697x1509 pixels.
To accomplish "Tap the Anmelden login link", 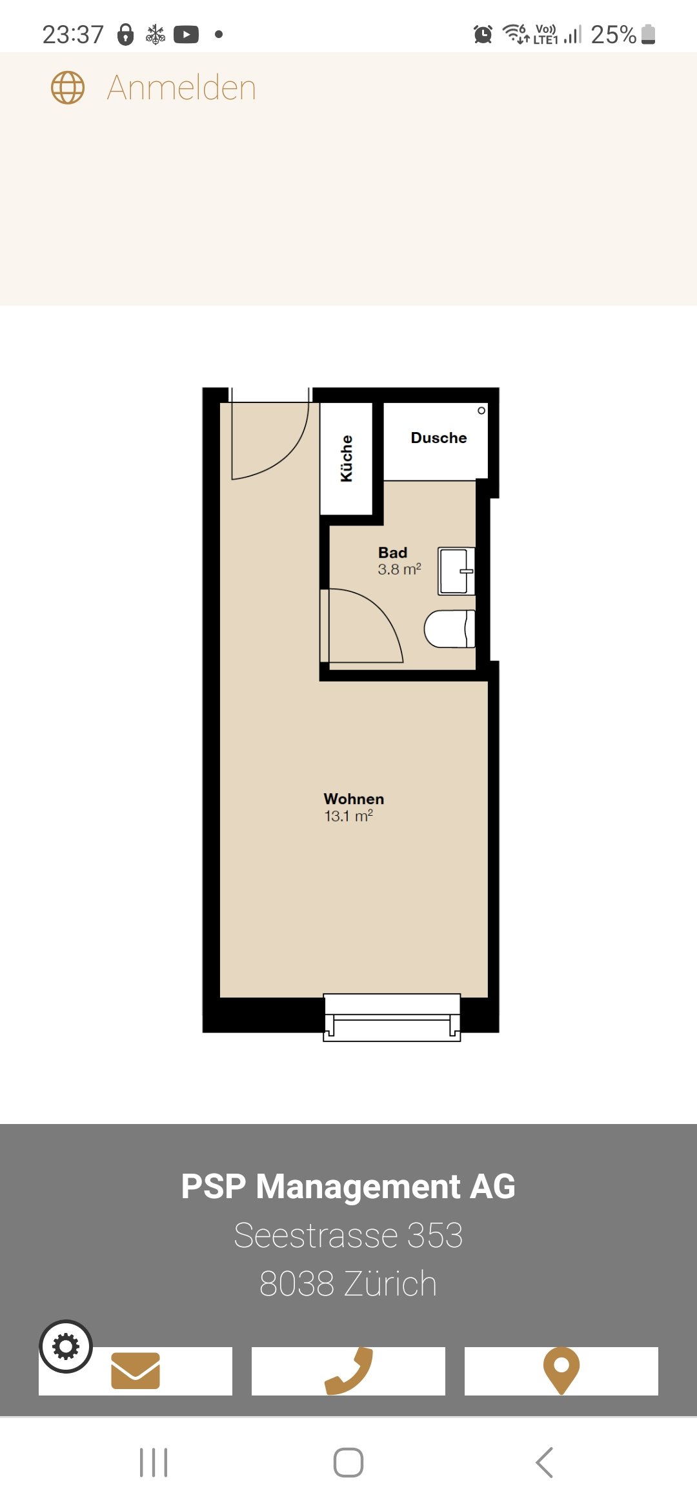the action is pos(181,88).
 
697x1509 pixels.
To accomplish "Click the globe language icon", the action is pos(68,88).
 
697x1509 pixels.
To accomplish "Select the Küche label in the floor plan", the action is pos(347,459).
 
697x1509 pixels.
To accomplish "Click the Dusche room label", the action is pos(439,438).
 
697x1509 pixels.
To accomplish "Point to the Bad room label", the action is pos(392,553).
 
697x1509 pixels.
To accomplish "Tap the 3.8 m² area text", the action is pos(399,569).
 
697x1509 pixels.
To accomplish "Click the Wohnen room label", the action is pos(354,799).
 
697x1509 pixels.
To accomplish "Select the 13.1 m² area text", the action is pos(348,816).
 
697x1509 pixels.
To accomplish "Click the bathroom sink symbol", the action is pos(456,571).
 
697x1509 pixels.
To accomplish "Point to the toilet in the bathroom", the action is pos(449,629).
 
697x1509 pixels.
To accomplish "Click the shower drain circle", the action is pos(481,411).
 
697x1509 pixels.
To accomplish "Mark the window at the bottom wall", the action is pos(392,1018).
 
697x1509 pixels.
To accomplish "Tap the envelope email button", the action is pos(136,1371).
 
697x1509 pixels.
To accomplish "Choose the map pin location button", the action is pos(561,1371).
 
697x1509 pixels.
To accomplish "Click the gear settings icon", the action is pos(66,1346).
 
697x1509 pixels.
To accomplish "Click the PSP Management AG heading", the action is pos(348,1187).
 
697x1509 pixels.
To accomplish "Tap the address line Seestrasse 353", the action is pos(348,1236).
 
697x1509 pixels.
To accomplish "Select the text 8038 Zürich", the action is pos(348,1284).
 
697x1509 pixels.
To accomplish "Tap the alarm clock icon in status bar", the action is pos(483,34).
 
